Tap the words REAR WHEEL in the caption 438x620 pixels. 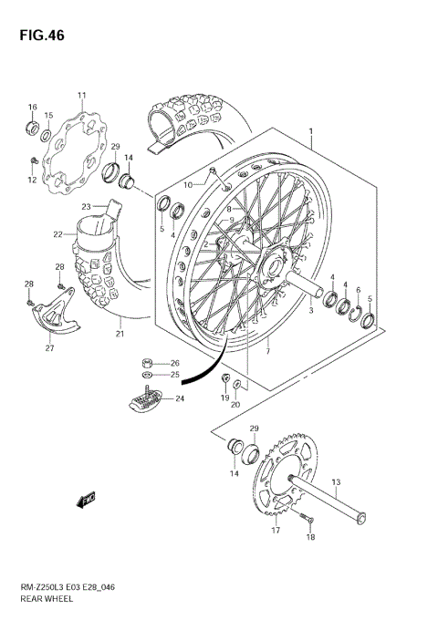(x=47, y=603)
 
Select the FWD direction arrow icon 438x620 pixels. (x=87, y=499)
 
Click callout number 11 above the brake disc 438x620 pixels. (x=81, y=96)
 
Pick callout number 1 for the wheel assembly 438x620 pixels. (x=311, y=132)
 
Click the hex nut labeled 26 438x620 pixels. (x=148, y=361)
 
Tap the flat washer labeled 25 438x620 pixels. (x=148, y=375)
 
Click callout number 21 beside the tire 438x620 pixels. (x=120, y=334)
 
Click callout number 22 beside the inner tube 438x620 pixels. (x=57, y=234)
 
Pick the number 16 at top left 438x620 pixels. (x=32, y=107)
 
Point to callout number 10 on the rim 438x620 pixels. (x=187, y=185)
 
